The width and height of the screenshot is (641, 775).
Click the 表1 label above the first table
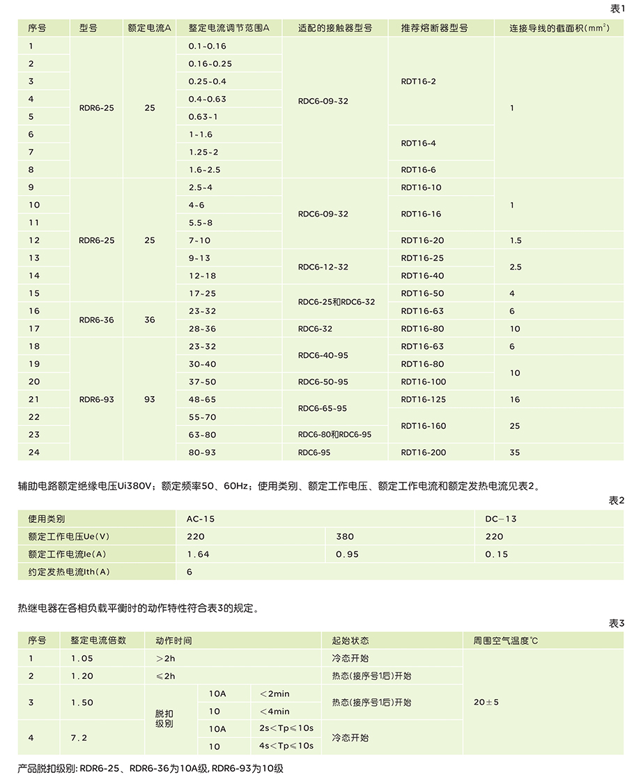pyautogui.click(x=617, y=8)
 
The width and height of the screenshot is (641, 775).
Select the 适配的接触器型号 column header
pyautogui.click(x=334, y=29)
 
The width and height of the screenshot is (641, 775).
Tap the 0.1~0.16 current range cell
pyautogui.click(x=207, y=46)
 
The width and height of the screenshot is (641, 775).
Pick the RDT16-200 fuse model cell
pyautogui.click(x=423, y=453)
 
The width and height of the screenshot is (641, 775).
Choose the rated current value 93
pyautogui.click(x=150, y=400)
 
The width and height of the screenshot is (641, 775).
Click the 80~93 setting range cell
pyautogui.click(x=202, y=453)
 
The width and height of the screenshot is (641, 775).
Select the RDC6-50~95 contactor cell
pyautogui.click(x=323, y=382)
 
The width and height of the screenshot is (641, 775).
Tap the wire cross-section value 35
pyautogui.click(x=515, y=453)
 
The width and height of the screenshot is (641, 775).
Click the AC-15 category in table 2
pyautogui.click(x=201, y=519)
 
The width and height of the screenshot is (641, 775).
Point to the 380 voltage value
pyautogui.click(x=345, y=537)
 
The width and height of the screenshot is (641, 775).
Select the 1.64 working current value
pyautogui.click(x=198, y=554)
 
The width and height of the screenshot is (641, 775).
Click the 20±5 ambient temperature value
pyautogui.click(x=486, y=703)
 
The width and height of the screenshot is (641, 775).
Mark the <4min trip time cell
pyautogui.click(x=274, y=712)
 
